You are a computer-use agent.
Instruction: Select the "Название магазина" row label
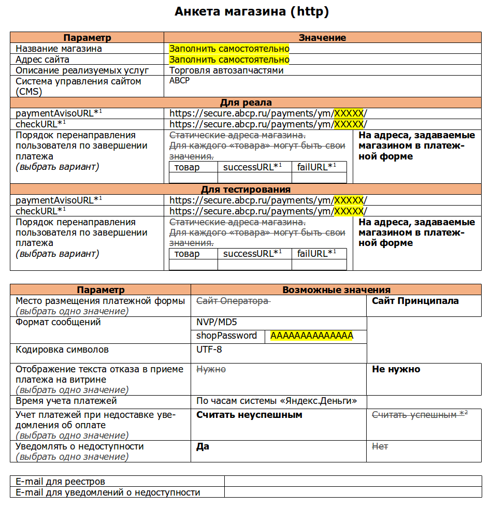click(59, 49)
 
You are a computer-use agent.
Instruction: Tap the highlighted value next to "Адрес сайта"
click(229, 60)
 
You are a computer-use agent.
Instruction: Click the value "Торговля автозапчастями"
click(226, 70)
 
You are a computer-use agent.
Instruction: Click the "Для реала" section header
click(245, 103)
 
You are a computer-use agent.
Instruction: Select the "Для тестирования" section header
click(245, 190)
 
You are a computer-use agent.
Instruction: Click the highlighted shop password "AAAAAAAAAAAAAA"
click(311, 336)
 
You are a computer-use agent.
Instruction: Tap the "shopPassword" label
click(226, 336)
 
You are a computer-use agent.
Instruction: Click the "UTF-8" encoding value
click(209, 350)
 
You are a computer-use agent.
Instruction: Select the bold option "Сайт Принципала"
click(415, 301)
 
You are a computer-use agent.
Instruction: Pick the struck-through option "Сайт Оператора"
click(232, 301)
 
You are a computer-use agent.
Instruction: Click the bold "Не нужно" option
click(396, 369)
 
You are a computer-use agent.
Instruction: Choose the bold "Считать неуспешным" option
click(249, 415)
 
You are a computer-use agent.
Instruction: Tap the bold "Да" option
click(203, 446)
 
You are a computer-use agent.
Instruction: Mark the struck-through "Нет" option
click(380, 446)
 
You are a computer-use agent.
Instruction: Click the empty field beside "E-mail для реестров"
click(352, 482)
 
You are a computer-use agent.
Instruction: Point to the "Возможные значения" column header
click(336, 290)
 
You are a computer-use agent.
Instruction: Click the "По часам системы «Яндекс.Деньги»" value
click(277, 401)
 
